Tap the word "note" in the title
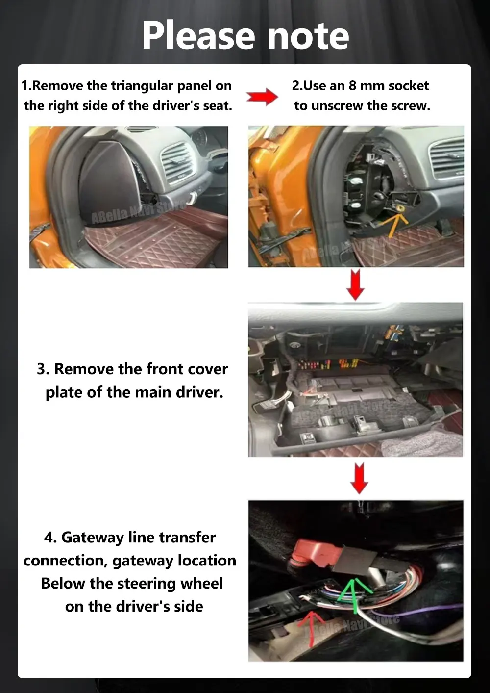pos(308,38)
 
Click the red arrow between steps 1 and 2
pos(262,97)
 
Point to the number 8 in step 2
pos(352,86)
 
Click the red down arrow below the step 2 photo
pos(356,284)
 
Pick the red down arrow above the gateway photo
pos(359,478)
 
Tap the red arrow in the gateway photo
pos(312,629)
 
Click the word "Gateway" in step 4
pos(93,538)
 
